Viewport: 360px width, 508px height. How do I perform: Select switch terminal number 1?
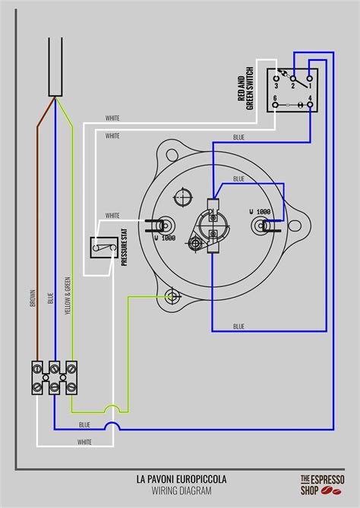[x=309, y=85]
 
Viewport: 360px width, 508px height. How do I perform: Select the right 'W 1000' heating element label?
[x=261, y=210]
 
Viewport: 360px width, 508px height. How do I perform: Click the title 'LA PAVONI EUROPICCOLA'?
[x=181, y=479]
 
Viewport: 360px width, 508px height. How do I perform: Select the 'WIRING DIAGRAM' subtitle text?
[x=181, y=491]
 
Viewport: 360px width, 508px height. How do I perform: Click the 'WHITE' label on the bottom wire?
[x=85, y=442]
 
